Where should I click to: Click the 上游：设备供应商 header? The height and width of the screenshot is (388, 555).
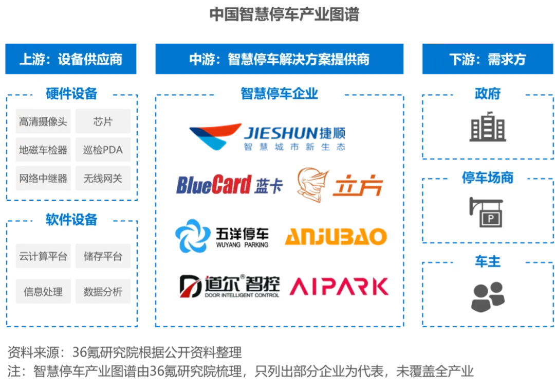pos(71,59)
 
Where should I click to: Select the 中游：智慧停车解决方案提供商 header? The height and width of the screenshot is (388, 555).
pos(280,59)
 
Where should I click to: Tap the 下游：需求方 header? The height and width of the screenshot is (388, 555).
pos(487,59)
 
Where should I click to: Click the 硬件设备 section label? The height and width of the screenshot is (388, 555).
pos(71,94)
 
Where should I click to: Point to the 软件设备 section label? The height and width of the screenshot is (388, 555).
pos(71,220)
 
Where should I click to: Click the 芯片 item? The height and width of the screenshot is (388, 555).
pos(103,122)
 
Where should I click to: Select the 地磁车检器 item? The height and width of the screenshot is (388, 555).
pos(43,150)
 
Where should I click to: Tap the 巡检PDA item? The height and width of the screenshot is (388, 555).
pos(103,150)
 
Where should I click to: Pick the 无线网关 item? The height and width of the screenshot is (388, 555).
pos(103,179)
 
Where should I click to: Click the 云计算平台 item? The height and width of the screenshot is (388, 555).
pos(43,256)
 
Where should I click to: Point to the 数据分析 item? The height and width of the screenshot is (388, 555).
pos(103,292)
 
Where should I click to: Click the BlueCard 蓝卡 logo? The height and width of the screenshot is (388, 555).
pos(229,185)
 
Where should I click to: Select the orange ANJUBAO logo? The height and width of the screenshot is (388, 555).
pos(337,237)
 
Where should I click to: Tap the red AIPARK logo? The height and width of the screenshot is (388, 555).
pos(339,287)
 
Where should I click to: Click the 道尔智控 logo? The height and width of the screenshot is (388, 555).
pos(229,286)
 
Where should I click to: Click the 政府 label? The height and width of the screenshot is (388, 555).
pos(487,94)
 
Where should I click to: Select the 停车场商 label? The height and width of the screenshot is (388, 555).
pos(487,178)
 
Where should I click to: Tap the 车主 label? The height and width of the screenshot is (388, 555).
pos(487,261)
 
